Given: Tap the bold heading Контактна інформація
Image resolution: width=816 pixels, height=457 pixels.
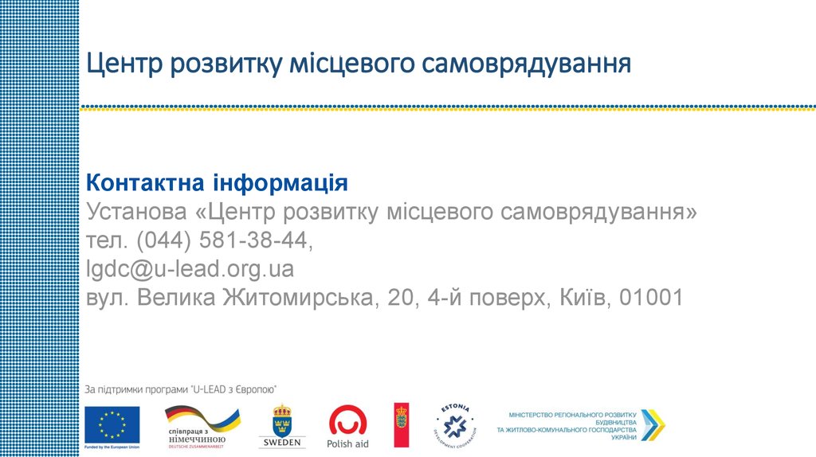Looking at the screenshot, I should tap(217, 184).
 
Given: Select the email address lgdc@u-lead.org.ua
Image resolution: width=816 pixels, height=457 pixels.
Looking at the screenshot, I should tap(190, 269).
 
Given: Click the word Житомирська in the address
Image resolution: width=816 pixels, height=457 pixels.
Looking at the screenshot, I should tap(300, 298).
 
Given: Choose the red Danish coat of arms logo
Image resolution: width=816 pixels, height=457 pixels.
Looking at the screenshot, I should tap(402, 425).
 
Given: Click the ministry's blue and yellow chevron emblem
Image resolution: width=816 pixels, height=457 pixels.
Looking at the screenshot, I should tap(653, 425).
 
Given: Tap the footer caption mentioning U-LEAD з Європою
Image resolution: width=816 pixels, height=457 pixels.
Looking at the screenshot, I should tap(181, 389).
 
